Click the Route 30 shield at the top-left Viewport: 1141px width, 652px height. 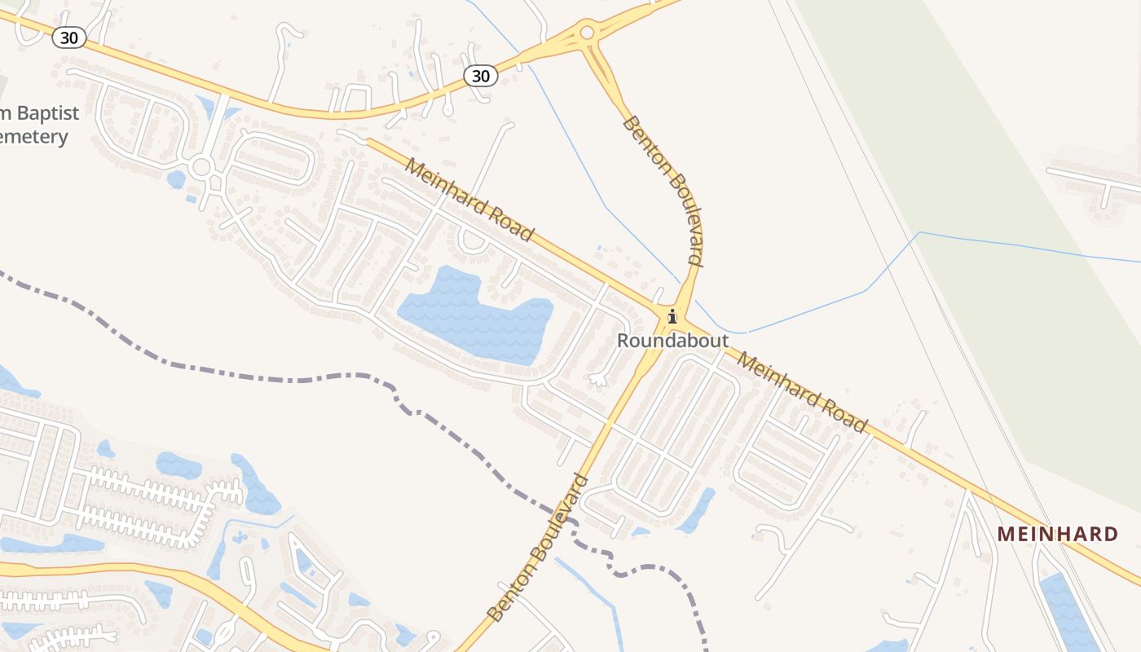tap(70, 37)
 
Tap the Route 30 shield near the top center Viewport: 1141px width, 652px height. tap(481, 76)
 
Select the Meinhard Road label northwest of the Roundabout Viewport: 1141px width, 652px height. tap(469, 200)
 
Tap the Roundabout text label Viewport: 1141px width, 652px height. tap(672, 341)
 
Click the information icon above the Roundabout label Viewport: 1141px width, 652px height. tap(672, 316)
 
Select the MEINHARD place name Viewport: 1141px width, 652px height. tap(1058, 534)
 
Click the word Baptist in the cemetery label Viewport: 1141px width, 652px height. tap(45, 112)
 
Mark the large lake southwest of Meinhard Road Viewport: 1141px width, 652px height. tap(473, 314)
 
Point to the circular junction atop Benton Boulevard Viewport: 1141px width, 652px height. tap(587, 33)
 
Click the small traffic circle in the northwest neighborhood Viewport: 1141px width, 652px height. tap(201, 168)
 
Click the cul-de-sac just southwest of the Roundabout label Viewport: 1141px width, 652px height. tap(599, 379)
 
